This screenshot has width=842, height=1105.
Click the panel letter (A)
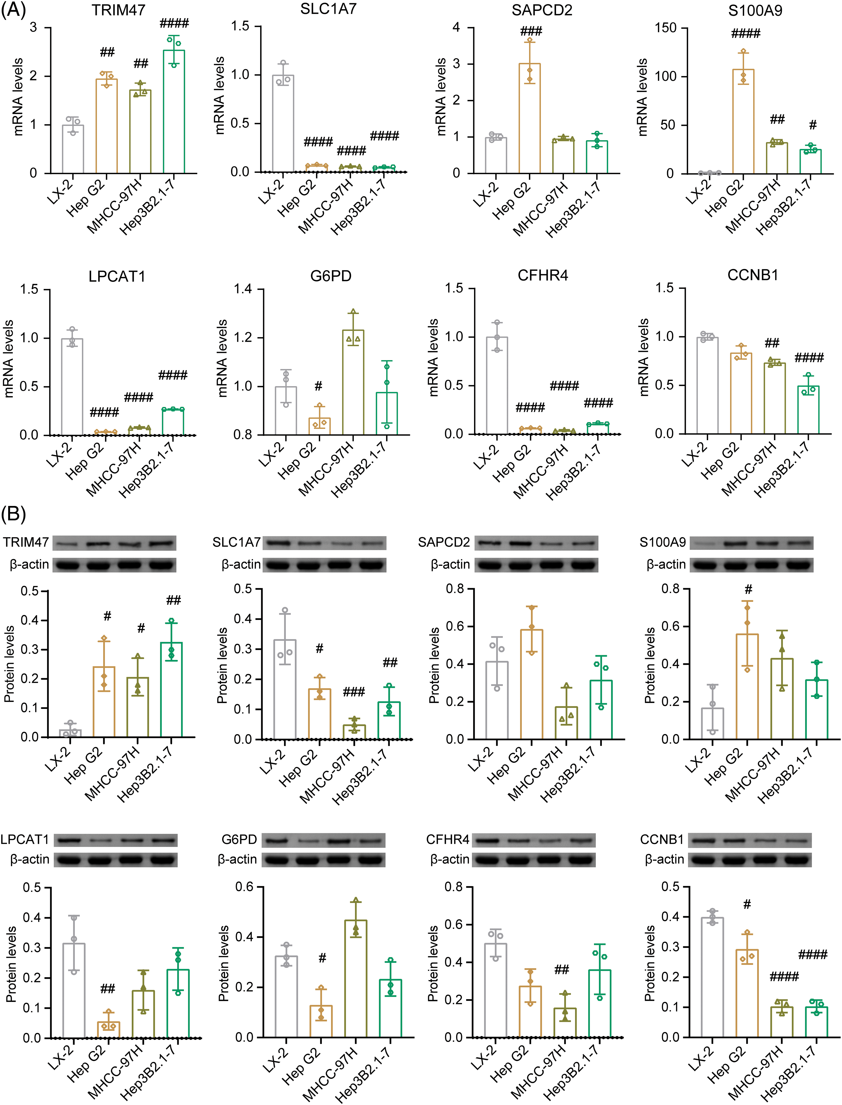coord(13,10)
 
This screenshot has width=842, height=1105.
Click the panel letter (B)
coord(13,514)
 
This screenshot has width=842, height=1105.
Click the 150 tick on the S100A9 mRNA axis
coord(665,28)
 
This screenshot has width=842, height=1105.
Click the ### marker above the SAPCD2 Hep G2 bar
coord(531,32)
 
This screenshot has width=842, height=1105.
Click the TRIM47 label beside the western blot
coord(26,542)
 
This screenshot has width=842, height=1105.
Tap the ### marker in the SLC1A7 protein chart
coord(354,692)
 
